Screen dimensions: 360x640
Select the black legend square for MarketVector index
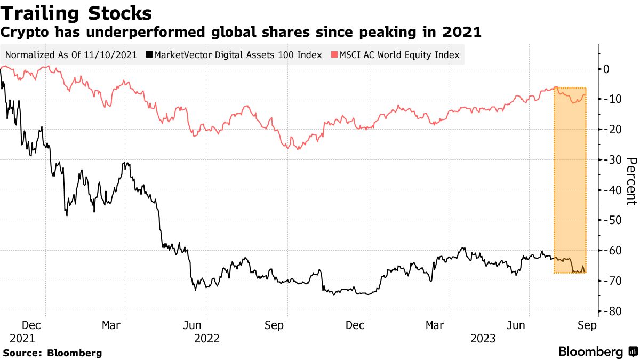pos(150,55)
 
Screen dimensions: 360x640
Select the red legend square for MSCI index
pos(334,55)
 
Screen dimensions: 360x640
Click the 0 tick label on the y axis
pos(606,69)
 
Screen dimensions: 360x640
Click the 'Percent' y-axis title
pos(631,181)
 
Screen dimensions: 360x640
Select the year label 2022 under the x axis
pos(206,338)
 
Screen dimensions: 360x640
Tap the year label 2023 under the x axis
pos(483,338)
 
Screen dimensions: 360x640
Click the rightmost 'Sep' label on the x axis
pos(587,325)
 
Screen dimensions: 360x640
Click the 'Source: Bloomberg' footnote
pos(52,353)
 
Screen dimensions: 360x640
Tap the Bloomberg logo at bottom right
pos(597,352)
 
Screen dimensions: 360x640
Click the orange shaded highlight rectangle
pos(570,181)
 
